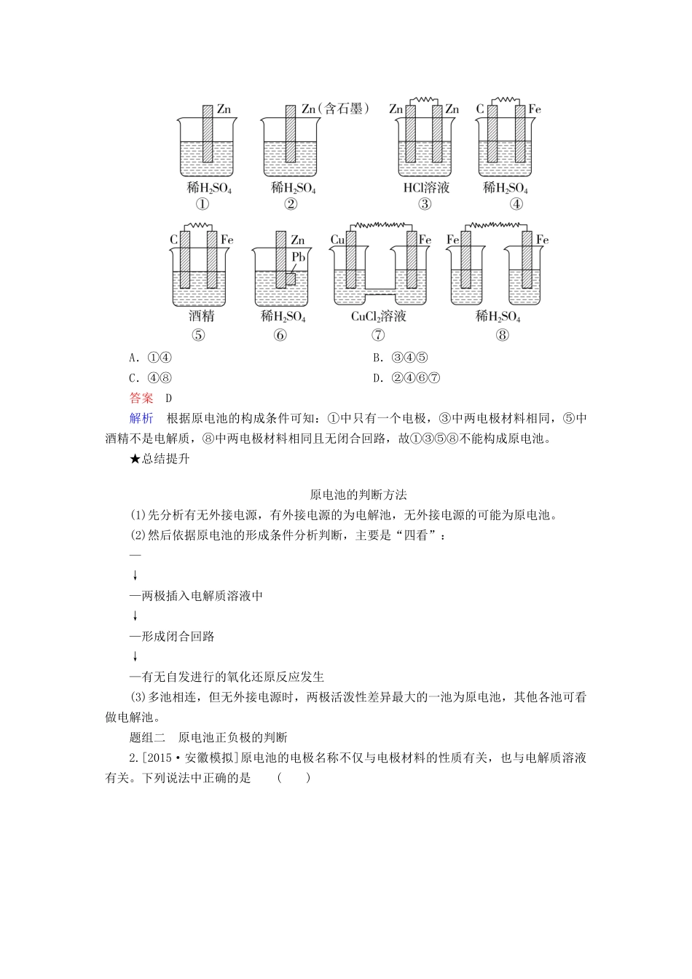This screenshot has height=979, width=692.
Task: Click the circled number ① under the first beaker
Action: (205, 204)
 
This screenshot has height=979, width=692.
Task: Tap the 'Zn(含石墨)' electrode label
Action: (336, 109)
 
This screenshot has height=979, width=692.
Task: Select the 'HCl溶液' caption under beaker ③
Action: (426, 188)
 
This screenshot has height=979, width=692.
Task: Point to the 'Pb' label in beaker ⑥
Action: (298, 257)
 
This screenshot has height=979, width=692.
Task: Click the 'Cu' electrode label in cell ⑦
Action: (337, 240)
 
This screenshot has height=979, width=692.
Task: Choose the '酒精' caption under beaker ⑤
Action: (201, 316)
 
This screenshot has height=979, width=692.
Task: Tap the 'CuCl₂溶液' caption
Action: (378, 316)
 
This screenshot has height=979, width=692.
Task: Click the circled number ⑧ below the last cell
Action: (502, 335)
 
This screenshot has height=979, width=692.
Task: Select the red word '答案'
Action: (141, 398)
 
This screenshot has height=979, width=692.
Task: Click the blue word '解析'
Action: (141, 418)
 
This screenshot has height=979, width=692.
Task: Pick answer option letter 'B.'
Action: (377, 358)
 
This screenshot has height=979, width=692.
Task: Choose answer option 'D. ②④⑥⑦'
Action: (406, 377)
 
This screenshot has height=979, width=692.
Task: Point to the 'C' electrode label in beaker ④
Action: (480, 109)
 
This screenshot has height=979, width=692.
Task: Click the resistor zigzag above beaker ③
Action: (425, 98)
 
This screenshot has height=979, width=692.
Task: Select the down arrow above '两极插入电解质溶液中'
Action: (135, 575)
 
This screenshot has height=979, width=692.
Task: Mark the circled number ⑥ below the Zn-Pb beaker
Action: (280, 335)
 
